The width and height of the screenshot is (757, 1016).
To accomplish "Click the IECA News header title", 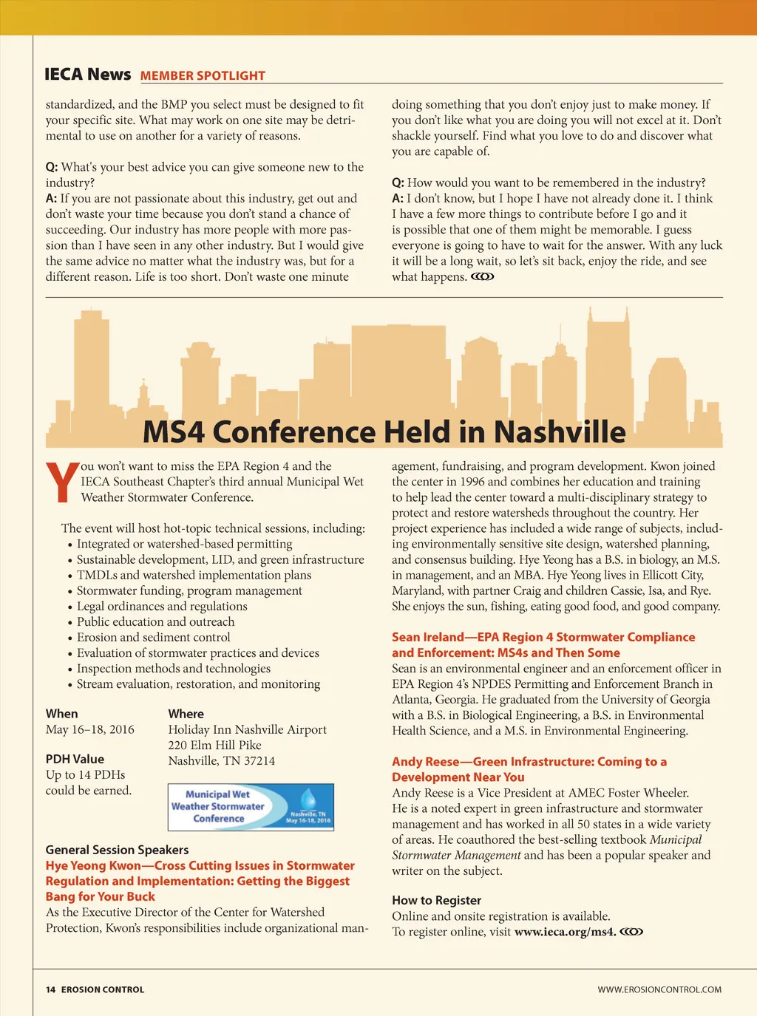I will pos(87,75).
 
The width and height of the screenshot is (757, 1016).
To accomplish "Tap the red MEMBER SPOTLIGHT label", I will pos(203,75).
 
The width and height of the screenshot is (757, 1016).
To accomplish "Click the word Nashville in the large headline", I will pos(560,432).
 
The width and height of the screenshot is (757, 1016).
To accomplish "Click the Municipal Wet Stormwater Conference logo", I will pos(251,807).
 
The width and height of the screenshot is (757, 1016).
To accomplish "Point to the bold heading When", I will pos(61,714).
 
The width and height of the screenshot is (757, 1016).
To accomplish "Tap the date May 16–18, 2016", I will pos(89,729).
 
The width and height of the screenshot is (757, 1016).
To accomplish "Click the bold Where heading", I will pos(186,714).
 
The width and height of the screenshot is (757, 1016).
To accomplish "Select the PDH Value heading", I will pos(75,759).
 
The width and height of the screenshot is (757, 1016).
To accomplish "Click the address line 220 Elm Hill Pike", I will pos(214,745).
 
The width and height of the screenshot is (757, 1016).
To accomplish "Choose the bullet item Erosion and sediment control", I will pos(153,637).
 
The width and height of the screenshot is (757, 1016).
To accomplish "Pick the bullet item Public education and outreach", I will pos(155,621).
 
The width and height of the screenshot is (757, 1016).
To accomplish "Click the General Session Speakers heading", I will pos(117,850).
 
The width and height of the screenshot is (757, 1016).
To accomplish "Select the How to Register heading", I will pos(436,900).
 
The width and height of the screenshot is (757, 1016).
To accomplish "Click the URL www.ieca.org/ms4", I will pos(565,932).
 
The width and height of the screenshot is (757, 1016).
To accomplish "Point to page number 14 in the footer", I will pos(50,989).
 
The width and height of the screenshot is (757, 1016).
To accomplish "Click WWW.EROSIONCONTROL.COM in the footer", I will pos(659,989).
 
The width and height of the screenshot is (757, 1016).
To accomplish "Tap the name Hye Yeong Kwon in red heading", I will pos(93,865).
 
